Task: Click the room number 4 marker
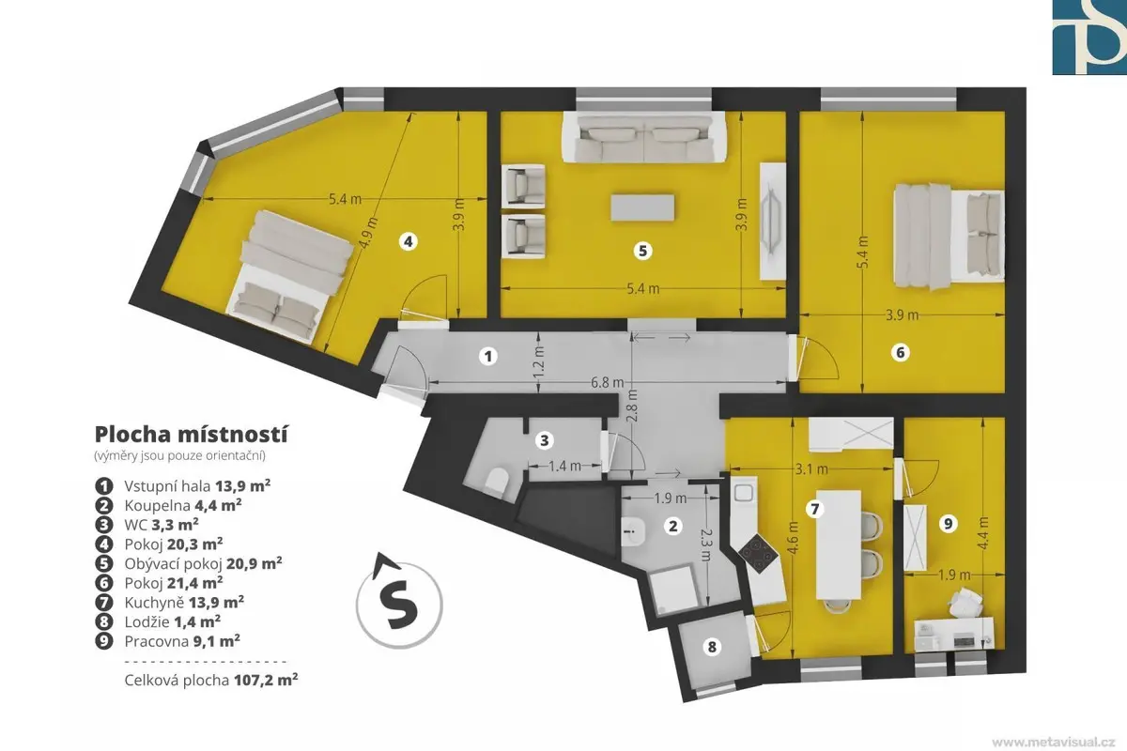click(x=408, y=242)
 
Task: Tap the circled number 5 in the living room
click(x=642, y=251)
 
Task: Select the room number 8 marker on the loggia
click(x=712, y=647)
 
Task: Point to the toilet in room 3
click(x=496, y=482)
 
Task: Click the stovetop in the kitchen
click(x=759, y=555)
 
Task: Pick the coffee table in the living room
click(x=642, y=207)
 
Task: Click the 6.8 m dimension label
click(x=608, y=383)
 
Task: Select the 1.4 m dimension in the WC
click(x=564, y=467)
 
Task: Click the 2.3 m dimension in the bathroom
click(x=706, y=544)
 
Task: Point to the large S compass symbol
click(x=399, y=602)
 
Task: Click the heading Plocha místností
click(x=192, y=435)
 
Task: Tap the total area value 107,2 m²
click(x=266, y=680)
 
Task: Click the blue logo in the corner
click(x=1089, y=38)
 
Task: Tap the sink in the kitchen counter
click(x=743, y=493)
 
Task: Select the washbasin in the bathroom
click(x=632, y=532)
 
